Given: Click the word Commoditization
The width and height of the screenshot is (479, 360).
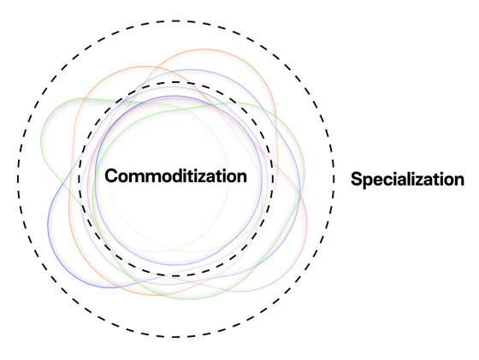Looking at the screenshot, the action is pos(175,176).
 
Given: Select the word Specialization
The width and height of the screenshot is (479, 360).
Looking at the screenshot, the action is pos(407,180).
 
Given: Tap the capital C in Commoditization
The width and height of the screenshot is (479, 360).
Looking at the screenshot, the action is pos(111,176).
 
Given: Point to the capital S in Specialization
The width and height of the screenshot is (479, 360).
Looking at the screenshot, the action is pos(357,180).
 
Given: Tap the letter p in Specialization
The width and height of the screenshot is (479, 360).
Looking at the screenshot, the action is pos(370,182).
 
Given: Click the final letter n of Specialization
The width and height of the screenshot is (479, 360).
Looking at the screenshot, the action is pos(458,180).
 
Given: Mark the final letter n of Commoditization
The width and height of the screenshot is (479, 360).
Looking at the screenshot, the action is pos(241,178).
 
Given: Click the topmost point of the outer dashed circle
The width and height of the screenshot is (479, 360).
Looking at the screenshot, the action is pos(175,21).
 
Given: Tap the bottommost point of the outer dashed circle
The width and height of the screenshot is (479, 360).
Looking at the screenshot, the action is pos(175,337).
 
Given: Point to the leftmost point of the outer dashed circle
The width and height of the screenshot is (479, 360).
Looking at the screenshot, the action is pos(18,179).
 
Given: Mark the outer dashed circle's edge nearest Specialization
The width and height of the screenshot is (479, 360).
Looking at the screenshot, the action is pos(334,179).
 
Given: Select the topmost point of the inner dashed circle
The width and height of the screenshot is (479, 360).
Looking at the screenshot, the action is pos(175,82).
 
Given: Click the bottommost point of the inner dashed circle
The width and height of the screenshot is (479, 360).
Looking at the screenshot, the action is pos(175,276).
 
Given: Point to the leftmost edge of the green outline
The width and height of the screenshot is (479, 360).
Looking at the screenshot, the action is pos(41,139).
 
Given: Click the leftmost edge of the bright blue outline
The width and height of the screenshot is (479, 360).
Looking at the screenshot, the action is pos(48,224).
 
